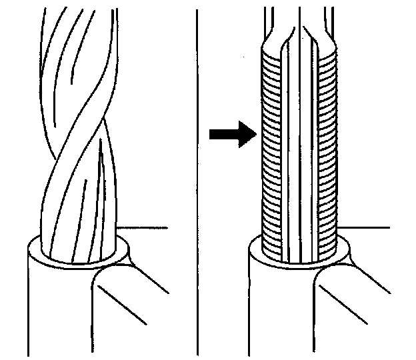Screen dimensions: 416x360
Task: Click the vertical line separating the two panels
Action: pyautogui.click(x=197, y=180)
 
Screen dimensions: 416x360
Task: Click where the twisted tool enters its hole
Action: pyautogui.click(x=77, y=257)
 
